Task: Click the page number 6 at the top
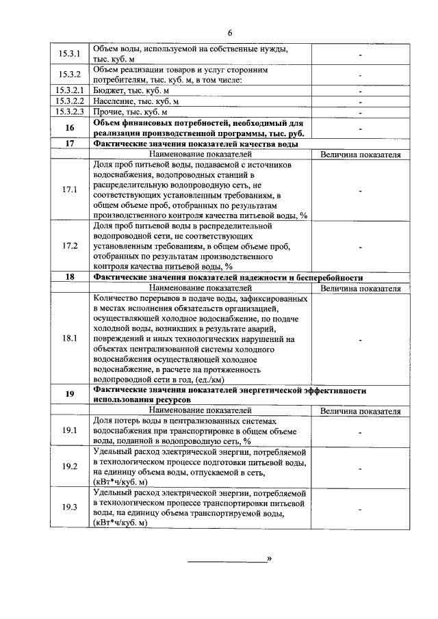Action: click(x=231, y=32)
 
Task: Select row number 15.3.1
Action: click(x=70, y=54)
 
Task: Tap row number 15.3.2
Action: click(x=70, y=75)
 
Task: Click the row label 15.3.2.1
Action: click(x=70, y=90)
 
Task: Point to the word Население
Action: click(x=115, y=101)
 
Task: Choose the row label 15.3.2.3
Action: click(x=70, y=111)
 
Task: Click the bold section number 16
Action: click(x=70, y=128)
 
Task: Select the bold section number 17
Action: click(x=70, y=144)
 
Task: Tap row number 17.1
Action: click(x=70, y=189)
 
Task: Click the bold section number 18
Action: click(x=70, y=278)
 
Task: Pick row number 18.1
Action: click(x=70, y=338)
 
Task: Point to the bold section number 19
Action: click(x=70, y=394)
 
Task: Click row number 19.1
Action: click(x=70, y=431)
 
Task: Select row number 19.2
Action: click(x=70, y=467)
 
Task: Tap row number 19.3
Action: click(x=70, y=507)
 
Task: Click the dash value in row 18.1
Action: click(x=360, y=338)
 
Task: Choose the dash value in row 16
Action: click(x=360, y=128)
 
